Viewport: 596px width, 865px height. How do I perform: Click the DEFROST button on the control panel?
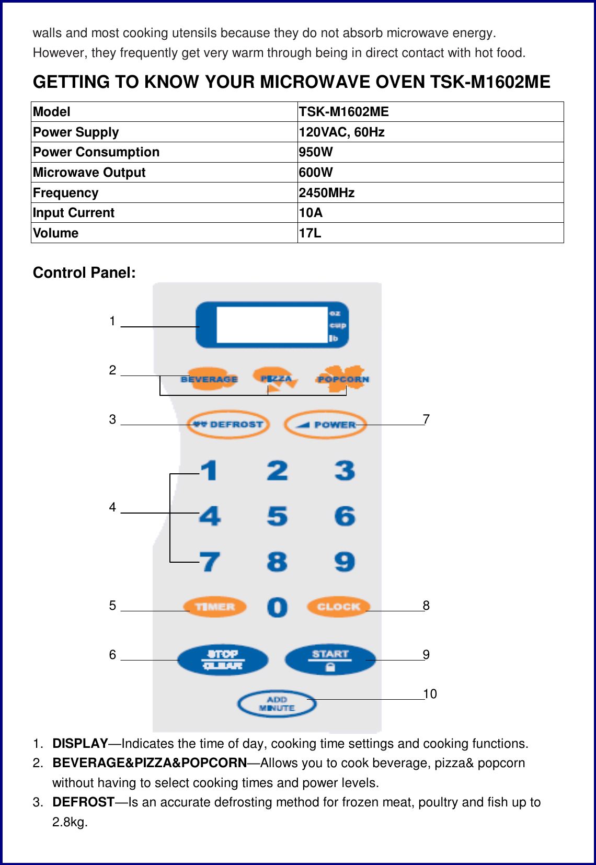coord(228,424)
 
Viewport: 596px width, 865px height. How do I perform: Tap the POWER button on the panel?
coord(325,424)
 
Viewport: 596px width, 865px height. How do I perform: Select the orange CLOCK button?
coord(338,607)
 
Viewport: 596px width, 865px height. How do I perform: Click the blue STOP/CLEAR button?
coord(223,659)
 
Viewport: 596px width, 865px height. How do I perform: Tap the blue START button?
coord(330,659)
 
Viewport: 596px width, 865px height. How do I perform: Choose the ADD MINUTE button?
coord(277,704)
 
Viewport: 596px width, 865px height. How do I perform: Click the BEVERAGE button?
coord(209,379)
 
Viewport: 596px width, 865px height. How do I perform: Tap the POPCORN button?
coord(342,379)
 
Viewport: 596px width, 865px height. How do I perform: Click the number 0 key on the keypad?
coord(277,607)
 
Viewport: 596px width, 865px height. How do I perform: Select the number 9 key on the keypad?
coord(345,562)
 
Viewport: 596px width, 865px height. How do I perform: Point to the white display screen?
coord(271,325)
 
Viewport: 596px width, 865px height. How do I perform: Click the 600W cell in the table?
coord(316,173)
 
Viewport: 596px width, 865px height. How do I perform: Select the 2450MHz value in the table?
coord(327,193)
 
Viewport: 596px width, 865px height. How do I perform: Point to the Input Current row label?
coord(74,213)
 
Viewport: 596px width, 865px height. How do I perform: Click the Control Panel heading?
coord(84,272)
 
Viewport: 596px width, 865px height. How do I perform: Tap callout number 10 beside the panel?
coord(430,694)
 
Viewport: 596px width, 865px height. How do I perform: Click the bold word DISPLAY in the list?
coord(80,744)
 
